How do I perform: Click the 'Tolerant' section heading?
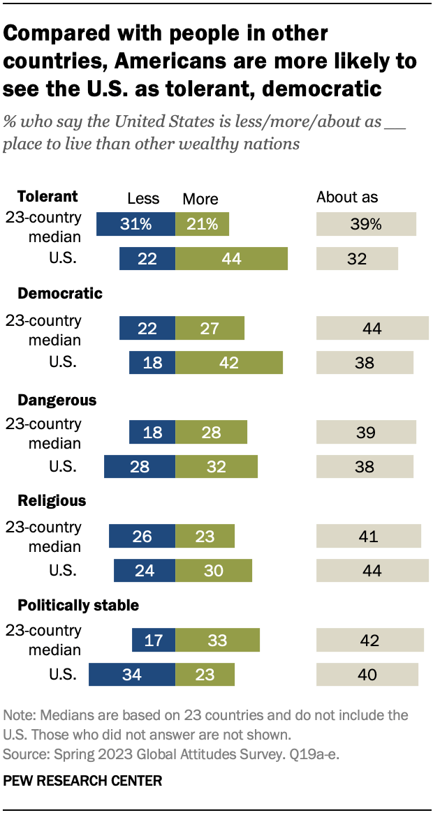pyautogui.click(x=47, y=196)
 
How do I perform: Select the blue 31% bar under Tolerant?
pyautogui.click(x=135, y=225)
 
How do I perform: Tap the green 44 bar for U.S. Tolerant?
pyautogui.click(x=231, y=259)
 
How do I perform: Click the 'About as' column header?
pyautogui.click(x=347, y=197)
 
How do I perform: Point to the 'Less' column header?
pyautogui.click(x=143, y=199)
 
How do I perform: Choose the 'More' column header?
pyautogui.click(x=200, y=199)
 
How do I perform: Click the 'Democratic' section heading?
pyautogui.click(x=60, y=294)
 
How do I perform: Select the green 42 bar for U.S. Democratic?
pyautogui.click(x=229, y=363)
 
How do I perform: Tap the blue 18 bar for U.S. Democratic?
pyautogui.click(x=152, y=363)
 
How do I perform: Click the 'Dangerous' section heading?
pyautogui.click(x=57, y=401)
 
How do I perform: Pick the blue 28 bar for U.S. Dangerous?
pyautogui.click(x=140, y=466)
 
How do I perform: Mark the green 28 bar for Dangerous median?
pyautogui.click(x=211, y=433)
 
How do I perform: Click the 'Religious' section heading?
pyautogui.click(x=52, y=501)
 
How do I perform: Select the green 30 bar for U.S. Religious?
pyautogui.click(x=214, y=570)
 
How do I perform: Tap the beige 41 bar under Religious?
pyautogui.click(x=369, y=537)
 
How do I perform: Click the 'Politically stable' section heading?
pyautogui.click(x=78, y=604)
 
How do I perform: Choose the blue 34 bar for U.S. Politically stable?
pyautogui.click(x=132, y=675)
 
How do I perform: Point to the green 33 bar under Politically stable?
pyautogui.click(x=217, y=640)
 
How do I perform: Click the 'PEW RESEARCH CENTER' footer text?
pyautogui.click(x=82, y=781)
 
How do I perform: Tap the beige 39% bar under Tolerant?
pyautogui.click(x=366, y=225)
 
